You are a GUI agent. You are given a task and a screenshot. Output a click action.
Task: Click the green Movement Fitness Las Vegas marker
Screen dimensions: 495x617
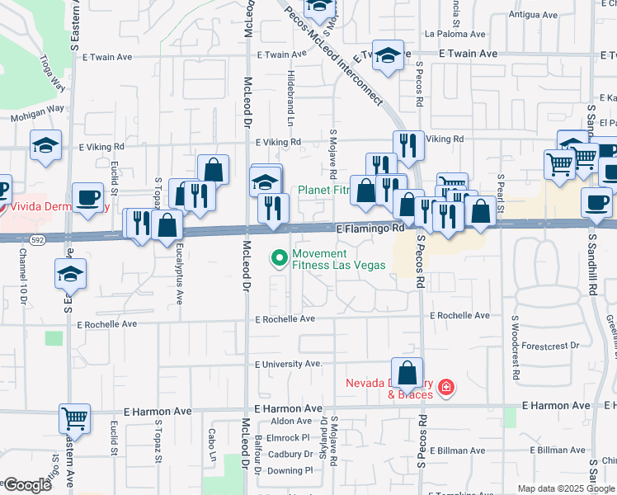pos(279,259)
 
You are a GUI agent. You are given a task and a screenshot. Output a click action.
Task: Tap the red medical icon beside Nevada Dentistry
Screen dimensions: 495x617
pos(445,387)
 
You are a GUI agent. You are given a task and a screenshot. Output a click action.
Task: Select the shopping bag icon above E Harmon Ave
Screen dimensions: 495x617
pos(407,374)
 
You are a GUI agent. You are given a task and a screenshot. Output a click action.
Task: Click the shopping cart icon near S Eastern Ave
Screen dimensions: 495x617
pos(74,418)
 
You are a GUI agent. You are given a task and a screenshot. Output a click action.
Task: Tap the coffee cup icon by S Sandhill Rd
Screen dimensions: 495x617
pos(596,203)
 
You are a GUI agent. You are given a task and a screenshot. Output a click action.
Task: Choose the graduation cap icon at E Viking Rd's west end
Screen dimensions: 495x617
pos(45,146)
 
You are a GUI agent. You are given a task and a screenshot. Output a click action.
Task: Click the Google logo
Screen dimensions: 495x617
pos(26,485)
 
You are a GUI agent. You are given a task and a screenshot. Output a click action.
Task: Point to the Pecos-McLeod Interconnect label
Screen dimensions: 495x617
pos(333,55)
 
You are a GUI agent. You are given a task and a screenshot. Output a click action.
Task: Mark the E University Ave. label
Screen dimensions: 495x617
pos(288,363)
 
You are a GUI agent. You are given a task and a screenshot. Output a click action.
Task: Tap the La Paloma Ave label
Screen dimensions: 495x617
pos(455,35)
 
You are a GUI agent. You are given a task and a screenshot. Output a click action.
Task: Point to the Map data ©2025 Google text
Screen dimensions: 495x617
pos(565,488)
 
